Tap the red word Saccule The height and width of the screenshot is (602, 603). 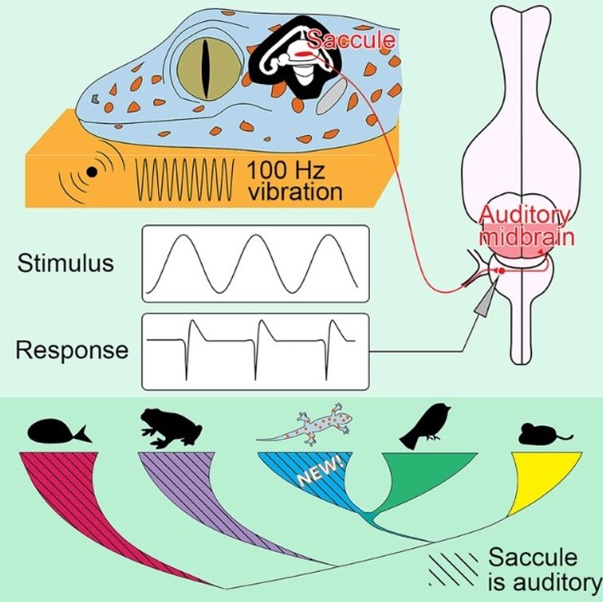pos(350,39)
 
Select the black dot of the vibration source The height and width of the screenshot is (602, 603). pos(92,171)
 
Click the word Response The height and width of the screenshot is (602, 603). pos(72,350)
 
